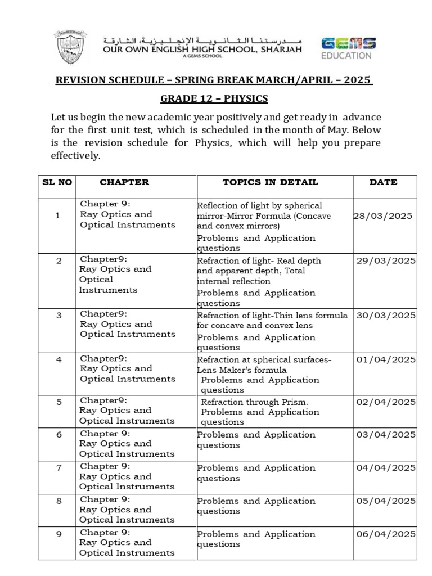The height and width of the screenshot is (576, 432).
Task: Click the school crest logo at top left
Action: (70, 48)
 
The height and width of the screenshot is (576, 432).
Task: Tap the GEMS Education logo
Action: (349, 48)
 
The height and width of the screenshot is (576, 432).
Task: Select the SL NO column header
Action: (57, 182)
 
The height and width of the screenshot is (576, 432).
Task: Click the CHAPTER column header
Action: (124, 182)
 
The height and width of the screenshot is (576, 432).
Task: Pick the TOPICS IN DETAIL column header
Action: (271, 182)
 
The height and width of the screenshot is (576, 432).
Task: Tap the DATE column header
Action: (384, 182)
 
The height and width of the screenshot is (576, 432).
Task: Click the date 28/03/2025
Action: (382, 216)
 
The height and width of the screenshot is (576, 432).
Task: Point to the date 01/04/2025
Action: (385, 359)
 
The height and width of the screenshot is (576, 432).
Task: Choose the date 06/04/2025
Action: (385, 534)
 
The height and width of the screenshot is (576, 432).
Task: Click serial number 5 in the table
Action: (58, 402)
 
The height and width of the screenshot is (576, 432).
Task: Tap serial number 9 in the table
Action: (58, 534)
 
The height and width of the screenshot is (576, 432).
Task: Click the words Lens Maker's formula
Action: (242, 370)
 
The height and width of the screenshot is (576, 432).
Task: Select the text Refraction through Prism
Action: (255, 402)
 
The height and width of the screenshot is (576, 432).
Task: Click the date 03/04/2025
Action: (385, 435)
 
